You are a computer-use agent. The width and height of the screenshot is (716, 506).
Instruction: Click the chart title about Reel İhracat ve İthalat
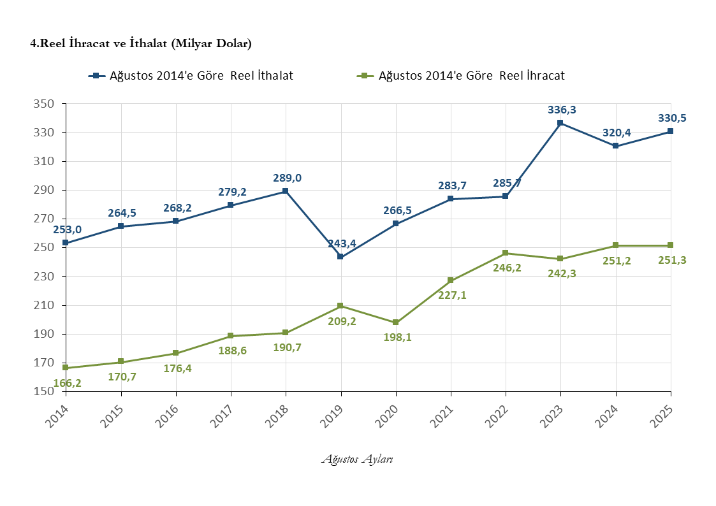(141, 44)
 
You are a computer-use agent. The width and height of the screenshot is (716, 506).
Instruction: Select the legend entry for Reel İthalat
(191, 76)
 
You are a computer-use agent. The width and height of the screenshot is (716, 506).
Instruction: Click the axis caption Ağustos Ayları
(357, 459)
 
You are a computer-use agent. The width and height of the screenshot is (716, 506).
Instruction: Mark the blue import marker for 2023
(560, 123)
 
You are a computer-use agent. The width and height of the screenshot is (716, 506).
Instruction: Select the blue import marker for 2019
(340, 257)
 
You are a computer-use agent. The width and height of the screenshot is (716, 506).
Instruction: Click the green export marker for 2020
(395, 322)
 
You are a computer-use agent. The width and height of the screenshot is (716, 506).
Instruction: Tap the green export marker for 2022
(506, 253)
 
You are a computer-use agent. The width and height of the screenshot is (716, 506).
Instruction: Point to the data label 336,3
(562, 110)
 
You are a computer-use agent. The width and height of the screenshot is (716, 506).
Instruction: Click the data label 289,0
(287, 178)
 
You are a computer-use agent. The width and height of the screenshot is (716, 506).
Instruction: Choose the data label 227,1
(452, 295)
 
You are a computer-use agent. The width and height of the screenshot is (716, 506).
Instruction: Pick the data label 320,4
(617, 133)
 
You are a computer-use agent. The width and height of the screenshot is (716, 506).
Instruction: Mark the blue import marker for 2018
(285, 191)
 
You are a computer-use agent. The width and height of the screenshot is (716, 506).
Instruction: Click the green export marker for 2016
(175, 353)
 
